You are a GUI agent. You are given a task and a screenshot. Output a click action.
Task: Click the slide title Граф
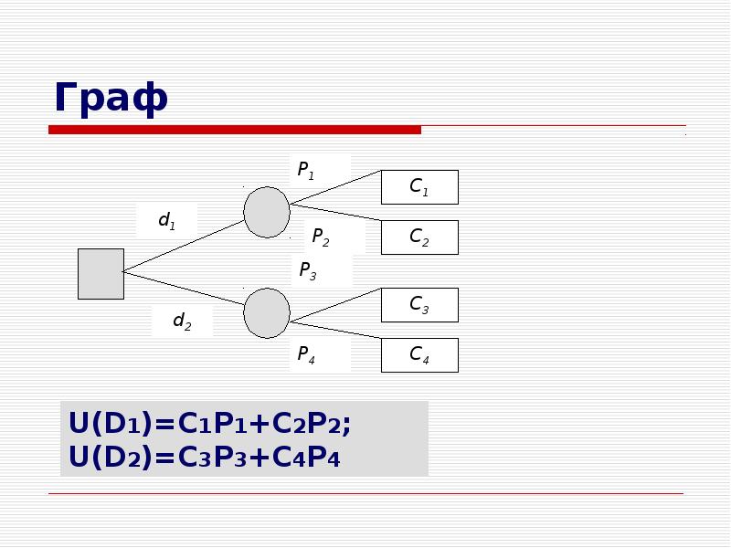(111, 99)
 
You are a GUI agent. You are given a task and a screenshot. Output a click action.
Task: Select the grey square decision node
(101, 274)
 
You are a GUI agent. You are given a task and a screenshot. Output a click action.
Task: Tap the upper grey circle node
(267, 213)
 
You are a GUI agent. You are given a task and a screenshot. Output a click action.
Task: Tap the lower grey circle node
(267, 313)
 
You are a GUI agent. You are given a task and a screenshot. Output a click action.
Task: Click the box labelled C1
(419, 187)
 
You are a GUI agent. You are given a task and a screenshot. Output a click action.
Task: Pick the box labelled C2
(419, 237)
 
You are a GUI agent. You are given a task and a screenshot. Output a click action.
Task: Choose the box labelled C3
(419, 305)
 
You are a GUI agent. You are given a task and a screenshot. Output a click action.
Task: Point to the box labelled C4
(419, 355)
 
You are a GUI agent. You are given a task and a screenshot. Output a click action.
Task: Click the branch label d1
(167, 220)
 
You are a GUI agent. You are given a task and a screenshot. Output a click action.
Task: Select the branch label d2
(182, 321)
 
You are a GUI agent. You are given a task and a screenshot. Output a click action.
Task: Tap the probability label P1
(306, 171)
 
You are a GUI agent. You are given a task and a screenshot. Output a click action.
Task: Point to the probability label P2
(321, 237)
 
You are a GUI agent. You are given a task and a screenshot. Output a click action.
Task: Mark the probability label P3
(308, 270)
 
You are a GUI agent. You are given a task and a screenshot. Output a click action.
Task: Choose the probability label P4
(306, 354)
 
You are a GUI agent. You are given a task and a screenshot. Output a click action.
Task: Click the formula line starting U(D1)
(209, 423)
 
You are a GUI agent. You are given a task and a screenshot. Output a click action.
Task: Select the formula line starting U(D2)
(204, 457)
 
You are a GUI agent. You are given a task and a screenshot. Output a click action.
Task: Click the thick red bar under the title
(235, 130)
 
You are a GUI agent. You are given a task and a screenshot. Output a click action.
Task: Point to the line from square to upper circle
(184, 246)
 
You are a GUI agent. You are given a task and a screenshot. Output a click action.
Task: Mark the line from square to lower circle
(184, 288)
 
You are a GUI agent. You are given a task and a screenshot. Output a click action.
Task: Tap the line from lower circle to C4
(335, 330)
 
